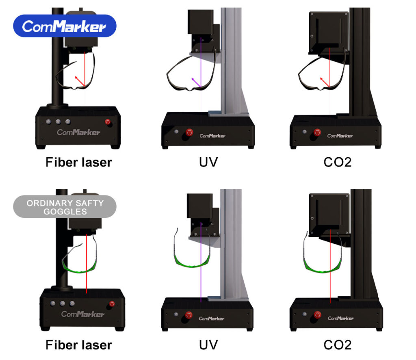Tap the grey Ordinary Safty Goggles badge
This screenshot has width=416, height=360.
pyautogui.click(x=65, y=207)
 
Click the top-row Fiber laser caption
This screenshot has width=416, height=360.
pyautogui.click(x=78, y=163)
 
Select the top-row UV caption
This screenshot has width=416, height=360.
pyautogui.click(x=208, y=163)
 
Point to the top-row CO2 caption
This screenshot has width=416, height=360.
pyautogui.click(x=337, y=163)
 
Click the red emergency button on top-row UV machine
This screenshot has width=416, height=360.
pyautogui.click(x=189, y=132)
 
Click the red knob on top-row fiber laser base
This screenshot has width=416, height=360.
pyautogui.click(x=108, y=122)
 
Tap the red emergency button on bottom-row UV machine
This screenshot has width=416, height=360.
pyautogui.click(x=188, y=314)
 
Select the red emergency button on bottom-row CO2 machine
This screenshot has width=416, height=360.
pyautogui.click(x=318, y=314)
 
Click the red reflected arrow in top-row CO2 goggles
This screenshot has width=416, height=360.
pyautogui.click(x=325, y=82)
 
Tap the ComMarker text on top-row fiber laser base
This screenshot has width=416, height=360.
pyautogui.click(x=78, y=132)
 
